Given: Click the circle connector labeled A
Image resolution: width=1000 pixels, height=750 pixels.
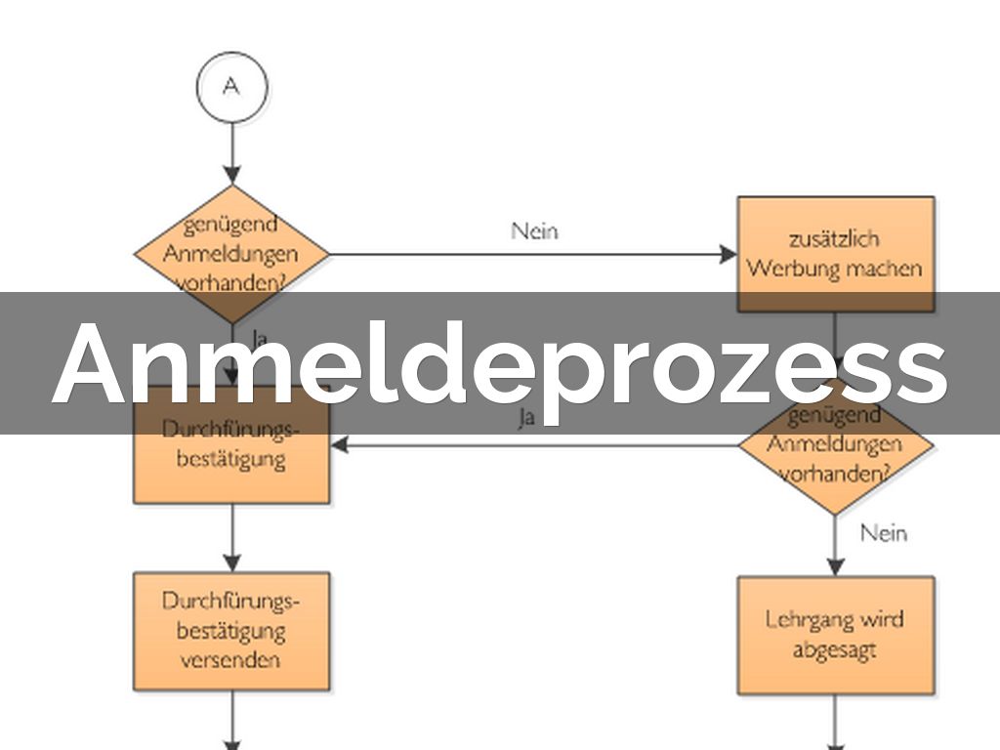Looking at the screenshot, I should tap(231, 87).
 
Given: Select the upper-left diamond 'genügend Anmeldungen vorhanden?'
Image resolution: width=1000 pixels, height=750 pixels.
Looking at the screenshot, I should tap(231, 251).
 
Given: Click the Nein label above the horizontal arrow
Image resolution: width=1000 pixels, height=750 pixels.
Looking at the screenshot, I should tap(535, 230).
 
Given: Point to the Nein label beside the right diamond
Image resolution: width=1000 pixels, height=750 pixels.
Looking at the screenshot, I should tap(884, 533).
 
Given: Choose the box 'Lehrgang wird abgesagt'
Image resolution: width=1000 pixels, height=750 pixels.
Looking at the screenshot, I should tap(835, 635).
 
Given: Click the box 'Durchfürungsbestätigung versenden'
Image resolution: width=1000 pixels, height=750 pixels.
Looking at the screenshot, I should tap(231, 631).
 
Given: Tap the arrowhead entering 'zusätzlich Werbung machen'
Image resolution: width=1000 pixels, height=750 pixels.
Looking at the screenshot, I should tap(729, 255).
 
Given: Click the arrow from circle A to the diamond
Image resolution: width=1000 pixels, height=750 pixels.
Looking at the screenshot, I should tap(231, 151).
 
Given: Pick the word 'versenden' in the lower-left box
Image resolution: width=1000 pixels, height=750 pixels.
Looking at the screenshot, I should tap(231, 659).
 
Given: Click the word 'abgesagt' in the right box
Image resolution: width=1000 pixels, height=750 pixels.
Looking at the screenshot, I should tap(835, 649).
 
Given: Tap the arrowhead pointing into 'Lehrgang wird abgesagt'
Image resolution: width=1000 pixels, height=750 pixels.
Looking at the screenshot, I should tap(835, 567).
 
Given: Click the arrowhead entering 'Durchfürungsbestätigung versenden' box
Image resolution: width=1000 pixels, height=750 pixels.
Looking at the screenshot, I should tap(231, 562).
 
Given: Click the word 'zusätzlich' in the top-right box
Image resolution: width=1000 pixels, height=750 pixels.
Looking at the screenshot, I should tap(835, 238).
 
